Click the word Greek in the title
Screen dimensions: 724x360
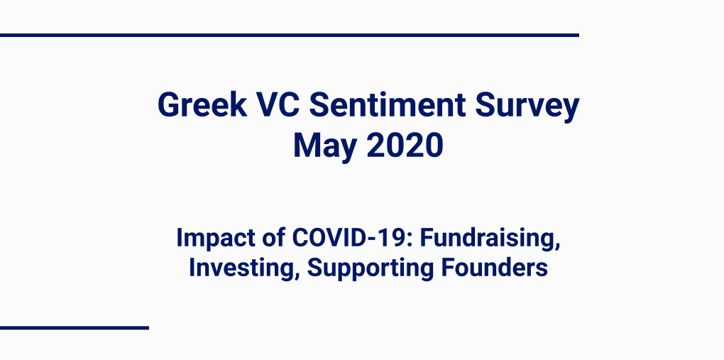point(202,104)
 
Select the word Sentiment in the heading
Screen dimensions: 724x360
point(388,104)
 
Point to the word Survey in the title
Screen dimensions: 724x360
point(527,107)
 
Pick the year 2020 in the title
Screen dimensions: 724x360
point(405,145)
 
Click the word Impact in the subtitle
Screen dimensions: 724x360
point(216,239)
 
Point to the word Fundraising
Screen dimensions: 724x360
point(488,239)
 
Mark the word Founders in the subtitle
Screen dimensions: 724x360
point(495,268)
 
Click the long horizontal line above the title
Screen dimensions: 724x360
point(290,35)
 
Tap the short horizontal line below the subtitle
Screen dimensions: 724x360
point(75,327)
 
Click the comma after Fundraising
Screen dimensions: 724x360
point(558,247)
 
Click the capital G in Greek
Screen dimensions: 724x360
point(169,104)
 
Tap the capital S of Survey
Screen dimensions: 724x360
point(486,104)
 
